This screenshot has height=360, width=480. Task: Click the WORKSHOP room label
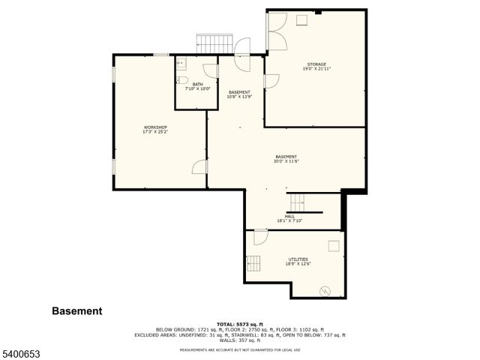(x=155, y=127)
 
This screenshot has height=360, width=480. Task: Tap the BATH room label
(x=197, y=84)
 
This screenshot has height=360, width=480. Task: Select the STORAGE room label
(x=316, y=64)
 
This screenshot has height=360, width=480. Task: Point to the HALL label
(x=289, y=216)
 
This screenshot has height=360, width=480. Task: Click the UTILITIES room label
(x=298, y=259)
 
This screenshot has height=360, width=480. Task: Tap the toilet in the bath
(x=182, y=80)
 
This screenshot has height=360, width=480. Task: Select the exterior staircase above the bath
(x=214, y=43)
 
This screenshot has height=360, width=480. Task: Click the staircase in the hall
(x=298, y=202)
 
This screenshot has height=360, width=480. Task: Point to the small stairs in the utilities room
(x=255, y=263)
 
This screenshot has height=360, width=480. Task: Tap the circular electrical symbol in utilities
(x=325, y=290)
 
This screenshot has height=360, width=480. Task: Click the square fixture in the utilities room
(x=333, y=245)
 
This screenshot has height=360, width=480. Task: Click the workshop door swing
(x=199, y=166)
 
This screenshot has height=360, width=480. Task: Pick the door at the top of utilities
(x=260, y=237)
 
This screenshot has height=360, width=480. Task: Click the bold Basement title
(x=76, y=311)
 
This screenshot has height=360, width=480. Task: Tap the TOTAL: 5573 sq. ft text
(x=239, y=323)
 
